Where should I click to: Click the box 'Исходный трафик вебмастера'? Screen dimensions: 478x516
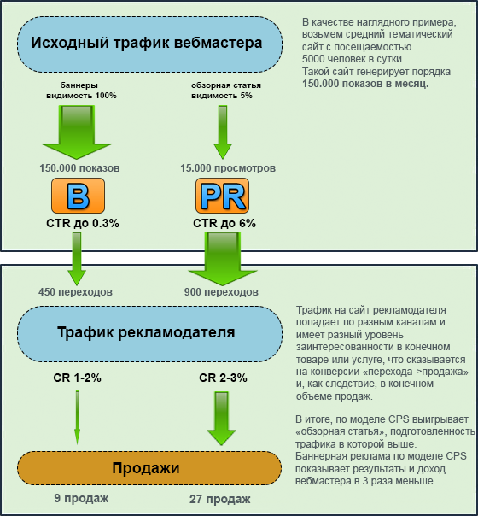pyautogui.click(x=149, y=44)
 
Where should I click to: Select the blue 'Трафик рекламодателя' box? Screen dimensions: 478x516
pyautogui.click(x=149, y=334)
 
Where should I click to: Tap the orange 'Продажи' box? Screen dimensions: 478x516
pyautogui.click(x=149, y=468)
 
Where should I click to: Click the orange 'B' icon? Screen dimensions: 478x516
pyautogui.click(x=79, y=196)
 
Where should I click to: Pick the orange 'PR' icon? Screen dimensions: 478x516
pyautogui.click(x=222, y=196)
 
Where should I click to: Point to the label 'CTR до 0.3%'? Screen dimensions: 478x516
pyautogui.click(x=83, y=224)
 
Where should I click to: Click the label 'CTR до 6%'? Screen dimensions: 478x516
pyautogui.click(x=224, y=224)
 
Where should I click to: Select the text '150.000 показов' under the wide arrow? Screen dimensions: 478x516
pyautogui.click(x=79, y=168)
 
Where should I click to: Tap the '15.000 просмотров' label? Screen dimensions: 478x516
pyautogui.click(x=228, y=168)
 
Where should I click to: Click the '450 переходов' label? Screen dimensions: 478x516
pyautogui.click(x=75, y=292)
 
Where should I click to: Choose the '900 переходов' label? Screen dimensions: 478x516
pyautogui.click(x=221, y=292)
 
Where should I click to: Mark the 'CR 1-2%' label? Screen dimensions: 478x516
pyautogui.click(x=78, y=378)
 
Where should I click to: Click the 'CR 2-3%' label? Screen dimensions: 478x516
pyautogui.click(x=223, y=378)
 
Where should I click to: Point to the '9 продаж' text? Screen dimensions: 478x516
pyautogui.click(x=81, y=498)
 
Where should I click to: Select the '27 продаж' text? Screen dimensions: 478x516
pyautogui.click(x=219, y=499)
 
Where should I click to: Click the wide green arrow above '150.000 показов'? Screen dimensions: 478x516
pyautogui.click(x=77, y=132)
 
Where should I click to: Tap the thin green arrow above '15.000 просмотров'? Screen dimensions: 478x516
pyautogui.click(x=223, y=132)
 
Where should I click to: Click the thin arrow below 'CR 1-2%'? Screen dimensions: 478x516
pyautogui.click(x=78, y=418)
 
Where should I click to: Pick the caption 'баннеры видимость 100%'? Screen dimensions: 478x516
pyautogui.click(x=81, y=91)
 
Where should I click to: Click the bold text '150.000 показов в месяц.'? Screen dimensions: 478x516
pyautogui.click(x=365, y=84)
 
